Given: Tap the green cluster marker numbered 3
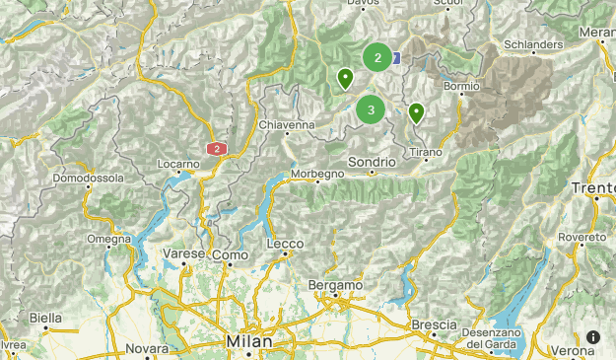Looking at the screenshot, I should (371, 110).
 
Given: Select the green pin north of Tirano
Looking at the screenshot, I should (417, 113).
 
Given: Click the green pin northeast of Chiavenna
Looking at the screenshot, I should (345, 78).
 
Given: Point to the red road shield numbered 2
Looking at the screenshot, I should (217, 149).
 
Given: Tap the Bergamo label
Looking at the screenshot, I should (335, 285).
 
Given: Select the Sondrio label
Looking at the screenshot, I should (372, 162).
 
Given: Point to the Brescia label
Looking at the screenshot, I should (435, 324).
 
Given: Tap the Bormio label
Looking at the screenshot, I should (461, 87).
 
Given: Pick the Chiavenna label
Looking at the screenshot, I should (286, 125).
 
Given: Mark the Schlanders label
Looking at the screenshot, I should (532, 44).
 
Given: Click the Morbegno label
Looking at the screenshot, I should (317, 175).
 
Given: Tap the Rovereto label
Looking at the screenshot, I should (582, 239).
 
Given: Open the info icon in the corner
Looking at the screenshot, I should (592, 337).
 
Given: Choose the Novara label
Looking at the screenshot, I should (148, 349).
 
